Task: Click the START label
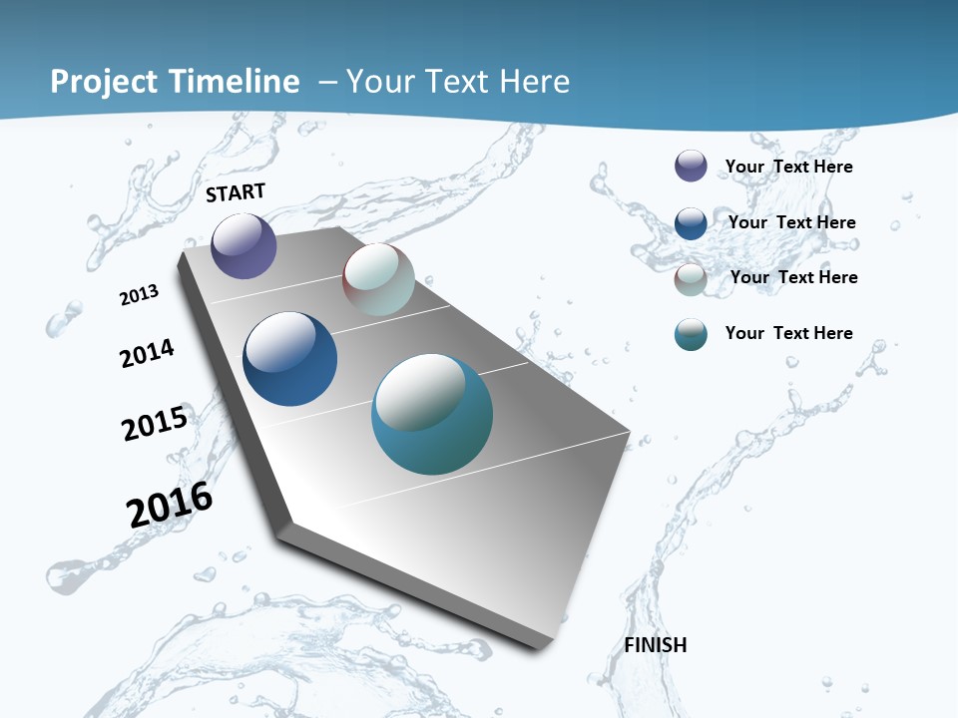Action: click(237, 192)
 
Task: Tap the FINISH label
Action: click(656, 645)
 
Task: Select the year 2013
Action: click(140, 295)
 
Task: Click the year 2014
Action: click(148, 353)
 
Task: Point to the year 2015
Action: click(155, 424)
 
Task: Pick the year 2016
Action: click(170, 505)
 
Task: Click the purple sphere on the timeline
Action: click(243, 245)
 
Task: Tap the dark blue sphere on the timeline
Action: click(289, 359)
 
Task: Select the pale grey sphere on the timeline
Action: click(378, 279)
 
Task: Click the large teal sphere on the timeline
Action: click(431, 414)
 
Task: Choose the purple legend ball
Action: click(691, 166)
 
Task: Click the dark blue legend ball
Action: click(691, 223)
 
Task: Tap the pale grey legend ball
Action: click(691, 279)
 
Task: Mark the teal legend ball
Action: click(691, 334)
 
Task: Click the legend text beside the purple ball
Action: click(788, 167)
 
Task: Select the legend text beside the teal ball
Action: click(788, 333)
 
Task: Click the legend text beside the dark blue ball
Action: click(791, 222)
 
